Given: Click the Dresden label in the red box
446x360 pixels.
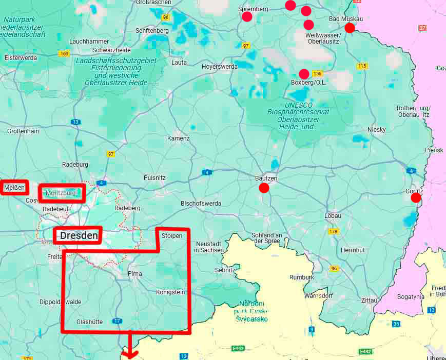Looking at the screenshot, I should click(x=78, y=236).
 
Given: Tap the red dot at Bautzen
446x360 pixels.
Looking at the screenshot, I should click(x=264, y=188).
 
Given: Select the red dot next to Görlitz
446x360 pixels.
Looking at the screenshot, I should click(x=416, y=197).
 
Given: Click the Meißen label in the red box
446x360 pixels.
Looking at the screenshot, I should click(x=14, y=188).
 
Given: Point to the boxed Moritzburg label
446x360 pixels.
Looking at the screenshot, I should click(x=62, y=193).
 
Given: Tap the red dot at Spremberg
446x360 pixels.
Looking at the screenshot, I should click(x=247, y=16).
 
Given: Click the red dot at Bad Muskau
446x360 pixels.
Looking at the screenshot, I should click(x=350, y=28).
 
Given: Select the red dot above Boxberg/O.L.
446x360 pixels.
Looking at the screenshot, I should click(x=304, y=74).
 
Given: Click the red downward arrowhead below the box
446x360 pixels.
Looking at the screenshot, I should click(x=130, y=354).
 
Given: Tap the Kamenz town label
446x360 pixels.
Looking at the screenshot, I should click(x=178, y=138).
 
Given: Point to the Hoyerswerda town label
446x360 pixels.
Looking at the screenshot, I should click(x=219, y=67).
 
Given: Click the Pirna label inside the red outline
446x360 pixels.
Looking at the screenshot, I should click(x=134, y=274).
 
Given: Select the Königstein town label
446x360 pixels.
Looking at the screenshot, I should click(x=170, y=292).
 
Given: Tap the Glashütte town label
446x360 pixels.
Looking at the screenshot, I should click(x=89, y=322).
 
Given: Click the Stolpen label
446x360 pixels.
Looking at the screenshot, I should click(x=171, y=236).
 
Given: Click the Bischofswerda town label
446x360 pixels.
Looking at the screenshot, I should click(x=201, y=204).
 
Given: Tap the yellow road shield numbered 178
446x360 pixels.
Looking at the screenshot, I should click(x=334, y=231).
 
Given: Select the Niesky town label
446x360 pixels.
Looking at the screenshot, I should click(x=376, y=130).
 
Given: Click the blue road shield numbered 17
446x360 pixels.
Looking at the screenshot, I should click(x=118, y=321).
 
